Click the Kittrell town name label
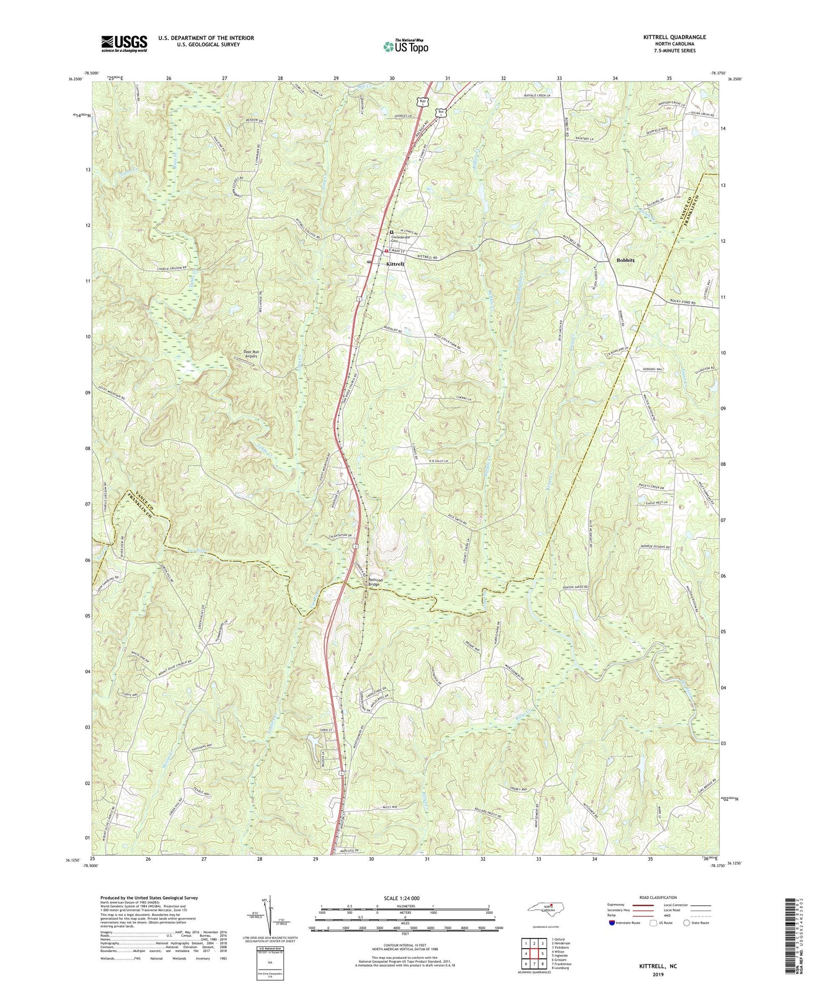click(395, 264)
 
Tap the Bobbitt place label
click(622, 260)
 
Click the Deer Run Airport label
click(247, 354)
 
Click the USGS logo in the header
click(124, 43)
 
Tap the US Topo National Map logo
click(404, 46)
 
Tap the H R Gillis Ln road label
click(442, 461)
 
